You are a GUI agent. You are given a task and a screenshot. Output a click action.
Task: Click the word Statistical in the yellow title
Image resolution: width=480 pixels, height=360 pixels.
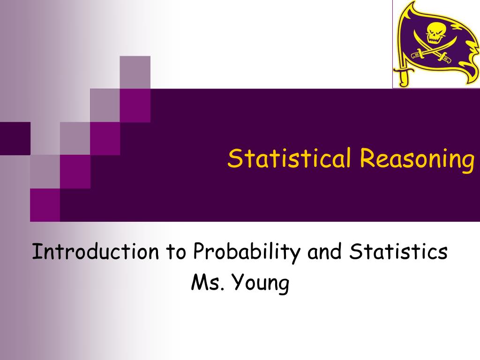pos(289,158)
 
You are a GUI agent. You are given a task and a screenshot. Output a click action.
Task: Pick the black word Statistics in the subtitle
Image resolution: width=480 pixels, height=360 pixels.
pos(399,252)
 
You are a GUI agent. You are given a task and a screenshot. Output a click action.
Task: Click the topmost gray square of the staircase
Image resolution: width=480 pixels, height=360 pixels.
pos(135,72)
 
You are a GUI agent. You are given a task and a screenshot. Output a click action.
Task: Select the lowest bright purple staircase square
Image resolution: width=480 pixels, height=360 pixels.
pos(45,205)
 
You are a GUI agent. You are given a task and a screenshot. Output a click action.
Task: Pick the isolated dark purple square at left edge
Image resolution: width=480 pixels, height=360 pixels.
pos(15,138)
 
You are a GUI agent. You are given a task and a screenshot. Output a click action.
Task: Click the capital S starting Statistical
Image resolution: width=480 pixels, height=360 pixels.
pos(234,158)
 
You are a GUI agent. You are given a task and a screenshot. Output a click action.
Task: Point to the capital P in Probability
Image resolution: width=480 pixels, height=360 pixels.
pos(199,252)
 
